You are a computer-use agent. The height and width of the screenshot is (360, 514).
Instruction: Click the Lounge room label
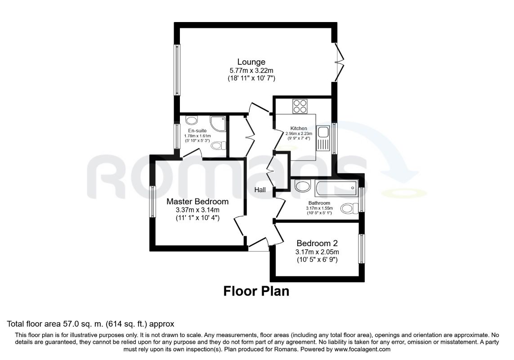(x=251, y=62)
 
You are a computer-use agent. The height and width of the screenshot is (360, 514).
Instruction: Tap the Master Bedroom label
(x=197, y=201)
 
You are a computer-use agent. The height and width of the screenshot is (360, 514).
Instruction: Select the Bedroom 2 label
(x=317, y=243)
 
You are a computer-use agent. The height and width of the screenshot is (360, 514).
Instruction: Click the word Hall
(x=260, y=190)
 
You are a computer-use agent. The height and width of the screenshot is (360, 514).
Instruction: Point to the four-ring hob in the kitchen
(x=300, y=106)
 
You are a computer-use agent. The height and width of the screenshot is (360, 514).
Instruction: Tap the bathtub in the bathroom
(x=336, y=189)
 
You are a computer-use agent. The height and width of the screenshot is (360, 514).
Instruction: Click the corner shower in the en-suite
(x=218, y=124)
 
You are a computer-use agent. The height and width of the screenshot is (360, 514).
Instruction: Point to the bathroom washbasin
(x=302, y=186)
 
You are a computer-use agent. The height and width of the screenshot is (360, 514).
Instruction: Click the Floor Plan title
(x=256, y=291)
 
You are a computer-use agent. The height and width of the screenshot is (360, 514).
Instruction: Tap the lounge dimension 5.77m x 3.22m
(x=251, y=70)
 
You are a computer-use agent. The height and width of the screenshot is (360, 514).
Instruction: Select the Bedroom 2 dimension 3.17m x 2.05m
(x=317, y=252)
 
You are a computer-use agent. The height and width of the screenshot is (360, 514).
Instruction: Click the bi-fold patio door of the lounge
(x=339, y=62)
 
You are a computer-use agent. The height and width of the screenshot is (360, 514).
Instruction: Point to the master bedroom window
(x=152, y=202)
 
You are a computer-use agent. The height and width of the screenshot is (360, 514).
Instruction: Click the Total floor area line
(x=90, y=324)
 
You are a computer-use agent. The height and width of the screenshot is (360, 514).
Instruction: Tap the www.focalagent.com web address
(x=362, y=349)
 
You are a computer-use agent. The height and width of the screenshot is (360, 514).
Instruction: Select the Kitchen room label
(x=299, y=128)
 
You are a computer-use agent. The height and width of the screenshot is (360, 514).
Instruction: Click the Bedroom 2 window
(x=362, y=249)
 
